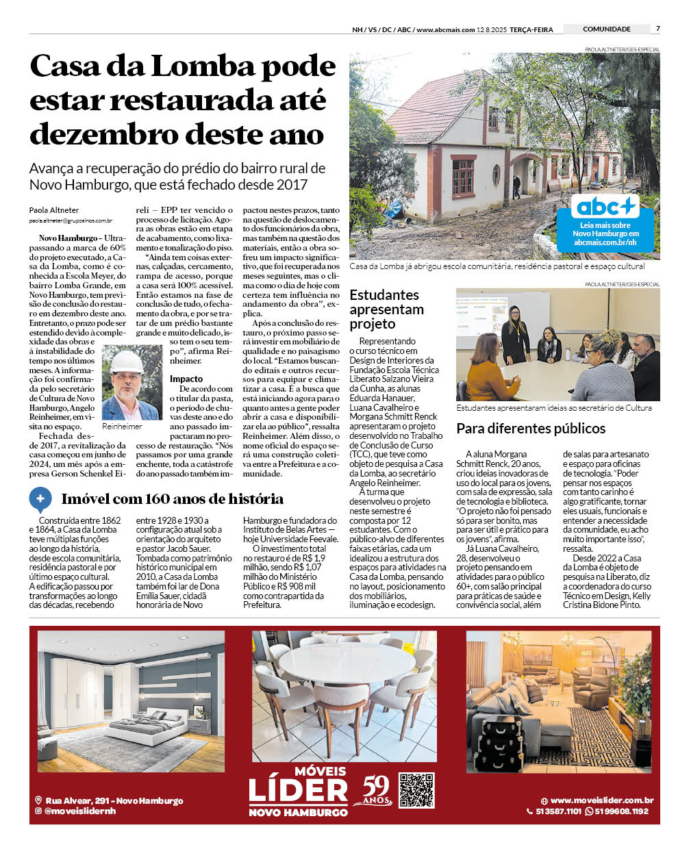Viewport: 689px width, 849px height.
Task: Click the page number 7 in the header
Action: pos(657,29)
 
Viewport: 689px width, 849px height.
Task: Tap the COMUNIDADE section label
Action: pos(606,29)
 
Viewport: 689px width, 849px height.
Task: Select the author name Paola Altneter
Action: pos(54,210)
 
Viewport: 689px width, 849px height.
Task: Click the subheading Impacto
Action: pos(186,379)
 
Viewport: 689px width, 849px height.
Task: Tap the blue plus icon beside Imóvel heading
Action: pos(40,499)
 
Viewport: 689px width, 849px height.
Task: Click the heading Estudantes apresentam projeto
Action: pos(386,309)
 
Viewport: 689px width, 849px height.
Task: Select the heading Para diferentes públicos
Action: pos(531,429)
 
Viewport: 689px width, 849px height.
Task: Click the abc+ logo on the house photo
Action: pos(605,206)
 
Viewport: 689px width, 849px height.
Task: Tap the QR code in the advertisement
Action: pos(416,790)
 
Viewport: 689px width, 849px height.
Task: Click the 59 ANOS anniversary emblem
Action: pos(376,791)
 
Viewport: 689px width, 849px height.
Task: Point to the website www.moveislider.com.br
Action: pos(601,800)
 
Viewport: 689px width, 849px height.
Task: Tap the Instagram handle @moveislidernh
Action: pos(79,811)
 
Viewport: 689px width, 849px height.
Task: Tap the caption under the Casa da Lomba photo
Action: pos(497,266)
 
